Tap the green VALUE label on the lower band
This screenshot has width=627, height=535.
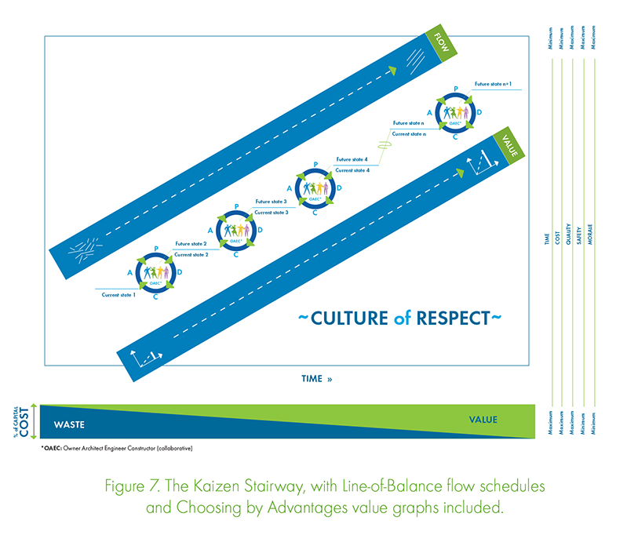pyautogui.click(x=506, y=147)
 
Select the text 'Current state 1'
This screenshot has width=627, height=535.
pyautogui.click(x=118, y=294)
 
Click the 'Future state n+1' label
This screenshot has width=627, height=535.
pyautogui.click(x=494, y=83)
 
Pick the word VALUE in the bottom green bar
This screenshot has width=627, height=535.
pyautogui.click(x=483, y=420)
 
